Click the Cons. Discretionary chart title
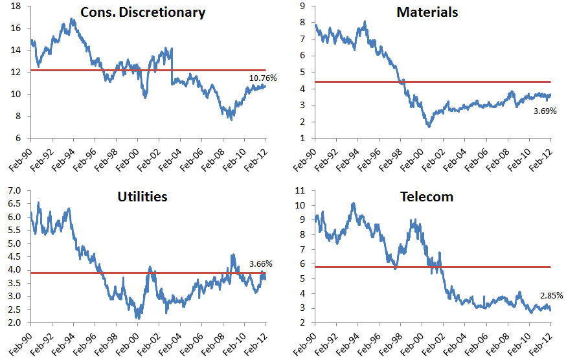coord(142,12)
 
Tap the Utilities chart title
coord(143,196)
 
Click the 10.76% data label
coord(263,78)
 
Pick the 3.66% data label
coord(260,264)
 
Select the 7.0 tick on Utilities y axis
coord(15,190)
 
